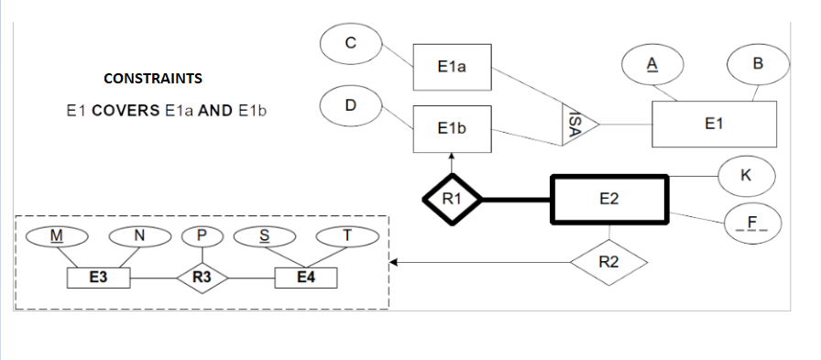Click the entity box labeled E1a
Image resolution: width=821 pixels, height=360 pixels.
pyautogui.click(x=453, y=66)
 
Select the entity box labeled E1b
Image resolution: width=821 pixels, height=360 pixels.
pyautogui.click(x=453, y=129)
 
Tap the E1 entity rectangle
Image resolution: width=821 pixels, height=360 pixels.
pyautogui.click(x=714, y=124)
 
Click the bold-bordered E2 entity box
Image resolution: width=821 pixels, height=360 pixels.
pyautogui.click(x=609, y=199)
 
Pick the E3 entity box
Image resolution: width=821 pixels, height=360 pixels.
pyautogui.click(x=98, y=276)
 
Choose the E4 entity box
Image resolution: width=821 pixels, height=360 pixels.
pyautogui.click(x=306, y=276)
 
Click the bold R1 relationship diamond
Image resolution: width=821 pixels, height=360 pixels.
pyautogui.click(x=451, y=198)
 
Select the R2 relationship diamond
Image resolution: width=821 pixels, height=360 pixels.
pyautogui.click(x=608, y=263)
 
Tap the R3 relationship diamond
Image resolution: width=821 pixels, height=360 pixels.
pyautogui.click(x=202, y=276)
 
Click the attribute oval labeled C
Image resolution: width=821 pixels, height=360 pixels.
pyautogui.click(x=350, y=42)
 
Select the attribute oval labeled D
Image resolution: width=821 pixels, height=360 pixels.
pyautogui.click(x=350, y=105)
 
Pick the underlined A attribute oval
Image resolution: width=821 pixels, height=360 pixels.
pyautogui.click(x=652, y=63)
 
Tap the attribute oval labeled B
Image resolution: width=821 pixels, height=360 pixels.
pyautogui.click(x=757, y=63)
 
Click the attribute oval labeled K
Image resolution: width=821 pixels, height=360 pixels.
pyautogui.click(x=747, y=175)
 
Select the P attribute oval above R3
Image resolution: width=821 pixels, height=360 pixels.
pyautogui.click(x=202, y=236)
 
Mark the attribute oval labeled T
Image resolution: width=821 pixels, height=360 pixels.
pyautogui.click(x=346, y=236)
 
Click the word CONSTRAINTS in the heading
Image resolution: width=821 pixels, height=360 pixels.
pyautogui.click(x=153, y=79)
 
